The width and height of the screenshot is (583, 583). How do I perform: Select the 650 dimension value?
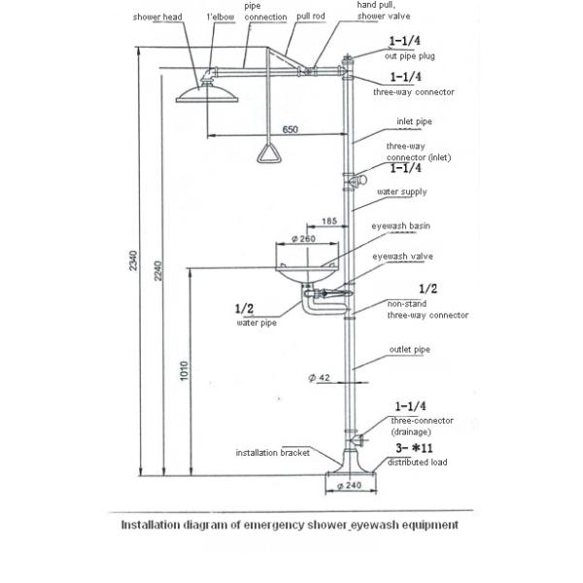(291, 129)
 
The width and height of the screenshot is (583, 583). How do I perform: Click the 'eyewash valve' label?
(402, 257)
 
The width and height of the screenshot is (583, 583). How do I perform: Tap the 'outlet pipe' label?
(409, 349)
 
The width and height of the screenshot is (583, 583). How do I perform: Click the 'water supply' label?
(400, 191)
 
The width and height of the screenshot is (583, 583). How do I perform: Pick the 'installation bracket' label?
(274, 453)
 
